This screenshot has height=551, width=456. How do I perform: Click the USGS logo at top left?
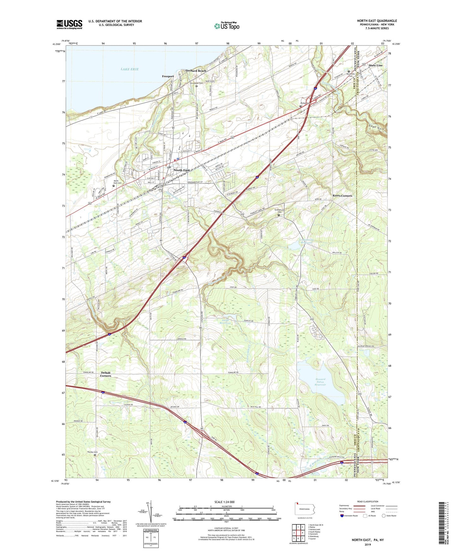coord(69,24)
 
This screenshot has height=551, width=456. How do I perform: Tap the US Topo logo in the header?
coord(227,26)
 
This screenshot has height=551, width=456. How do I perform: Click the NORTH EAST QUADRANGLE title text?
coord(377,21)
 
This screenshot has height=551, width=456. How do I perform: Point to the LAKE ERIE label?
coord(129,69)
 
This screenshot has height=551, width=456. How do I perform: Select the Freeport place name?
coord(168,76)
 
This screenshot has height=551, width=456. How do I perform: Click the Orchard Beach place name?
coord(196,71)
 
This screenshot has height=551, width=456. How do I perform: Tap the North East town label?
coord(182,170)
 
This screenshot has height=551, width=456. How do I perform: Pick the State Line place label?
coord(376,65)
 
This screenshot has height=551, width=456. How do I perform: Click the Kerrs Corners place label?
coord(342,196)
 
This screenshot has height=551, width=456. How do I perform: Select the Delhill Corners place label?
coord(106,374)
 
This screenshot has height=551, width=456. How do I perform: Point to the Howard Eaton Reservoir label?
coord(320,382)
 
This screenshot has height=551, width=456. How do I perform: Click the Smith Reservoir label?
coord(225,322)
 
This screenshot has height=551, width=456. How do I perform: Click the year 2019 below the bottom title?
coord(368,544)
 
